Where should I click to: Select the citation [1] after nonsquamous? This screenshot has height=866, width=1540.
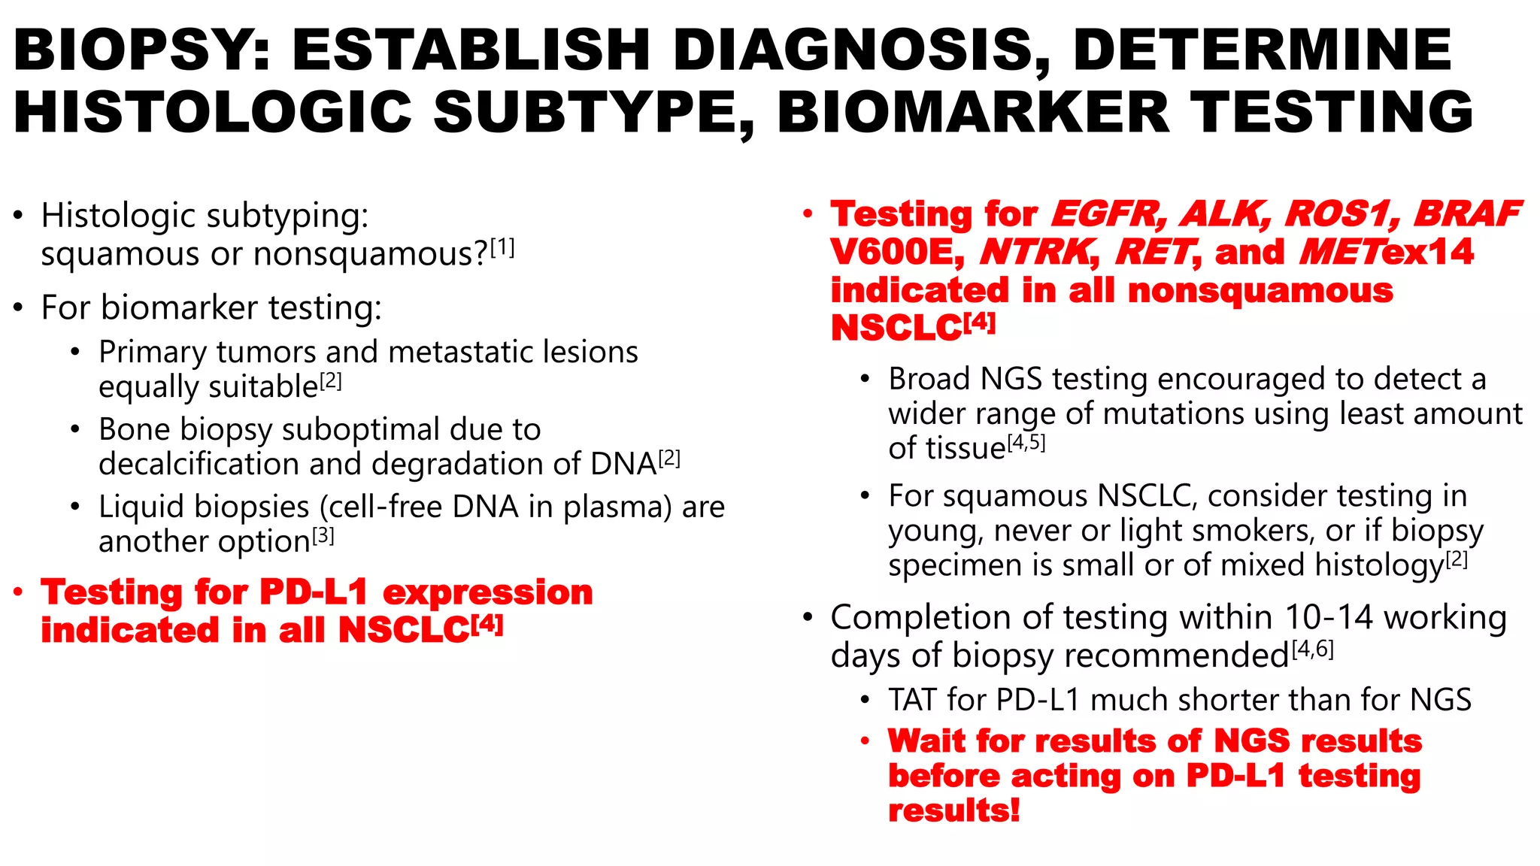pos(502,248)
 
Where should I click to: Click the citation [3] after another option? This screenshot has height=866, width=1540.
pos(323,537)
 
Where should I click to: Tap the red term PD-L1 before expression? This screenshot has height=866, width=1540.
pos(314,592)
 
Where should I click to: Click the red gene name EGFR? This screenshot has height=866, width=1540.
pos(1108,214)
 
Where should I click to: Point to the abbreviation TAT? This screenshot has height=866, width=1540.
pos(912,700)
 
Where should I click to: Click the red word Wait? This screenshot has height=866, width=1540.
pos(926,741)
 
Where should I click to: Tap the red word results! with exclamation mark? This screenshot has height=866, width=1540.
pos(953,811)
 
